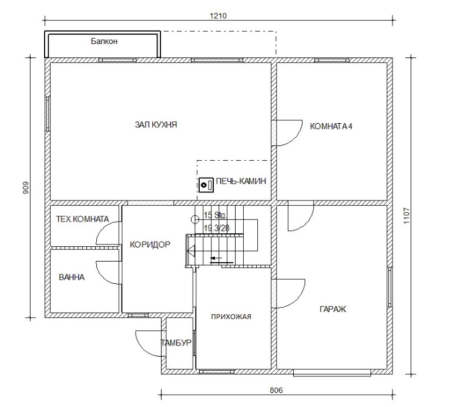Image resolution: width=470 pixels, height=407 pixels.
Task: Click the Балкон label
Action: [104, 41]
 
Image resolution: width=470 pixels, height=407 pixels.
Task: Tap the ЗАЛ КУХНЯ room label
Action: [156, 124]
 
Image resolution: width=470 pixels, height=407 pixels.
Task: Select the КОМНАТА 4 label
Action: [331, 126]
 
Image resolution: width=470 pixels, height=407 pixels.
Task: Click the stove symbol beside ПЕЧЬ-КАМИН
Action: [206, 185]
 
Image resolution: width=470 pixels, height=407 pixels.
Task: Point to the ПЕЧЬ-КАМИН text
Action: [241, 181]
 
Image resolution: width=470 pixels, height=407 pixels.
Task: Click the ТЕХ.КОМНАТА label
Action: [82, 219]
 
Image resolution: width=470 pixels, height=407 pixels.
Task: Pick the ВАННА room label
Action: [72, 277]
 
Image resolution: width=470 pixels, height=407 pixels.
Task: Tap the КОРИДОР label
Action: [150, 245]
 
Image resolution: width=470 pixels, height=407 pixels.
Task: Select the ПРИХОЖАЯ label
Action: [231, 317]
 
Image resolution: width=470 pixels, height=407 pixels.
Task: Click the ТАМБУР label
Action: [176, 342]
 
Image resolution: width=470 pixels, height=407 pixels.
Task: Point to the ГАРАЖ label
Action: [333, 309]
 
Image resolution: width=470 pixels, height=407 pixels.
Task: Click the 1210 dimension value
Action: [218, 16]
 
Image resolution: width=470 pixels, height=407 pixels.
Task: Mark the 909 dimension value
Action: [26, 188]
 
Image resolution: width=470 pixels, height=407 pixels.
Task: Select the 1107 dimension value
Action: [407, 216]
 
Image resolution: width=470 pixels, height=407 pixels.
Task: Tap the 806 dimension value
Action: [276, 390]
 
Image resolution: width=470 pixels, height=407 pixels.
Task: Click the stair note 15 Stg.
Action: [215, 215]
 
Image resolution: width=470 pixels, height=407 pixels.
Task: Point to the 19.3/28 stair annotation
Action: [216, 228]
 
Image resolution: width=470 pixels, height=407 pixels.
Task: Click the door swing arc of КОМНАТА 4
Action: [295, 139]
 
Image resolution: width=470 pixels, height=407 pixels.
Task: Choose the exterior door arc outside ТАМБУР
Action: [143, 348]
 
